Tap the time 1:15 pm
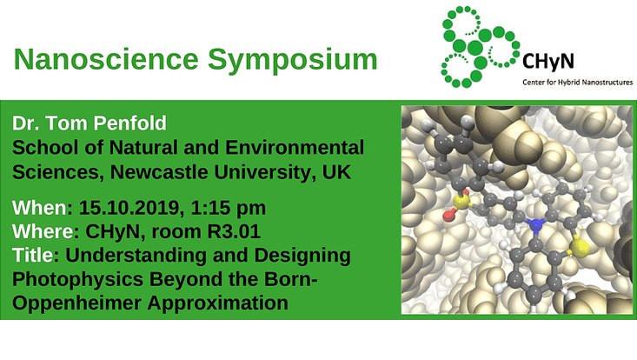pos(229,209)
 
